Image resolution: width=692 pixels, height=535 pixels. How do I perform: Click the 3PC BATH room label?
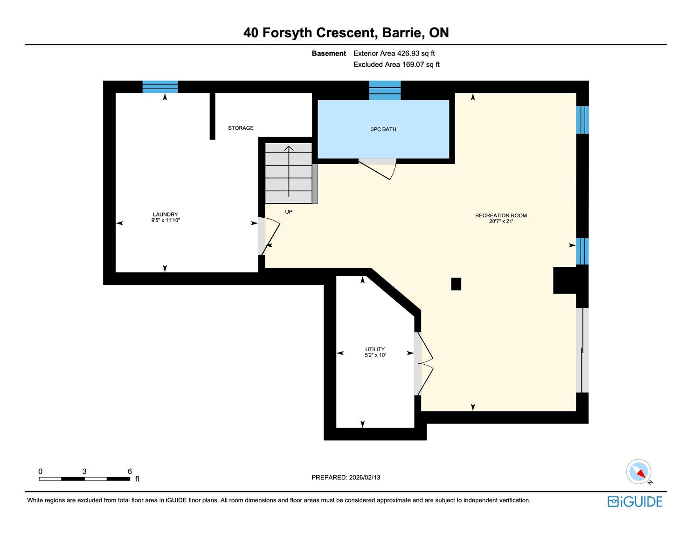click(383, 129)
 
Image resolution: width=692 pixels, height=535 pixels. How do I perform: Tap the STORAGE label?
click(241, 128)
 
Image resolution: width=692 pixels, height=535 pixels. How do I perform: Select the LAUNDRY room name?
click(165, 214)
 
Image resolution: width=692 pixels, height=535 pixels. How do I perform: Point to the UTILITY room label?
click(375, 349)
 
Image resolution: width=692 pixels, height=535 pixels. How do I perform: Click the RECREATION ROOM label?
click(501, 215)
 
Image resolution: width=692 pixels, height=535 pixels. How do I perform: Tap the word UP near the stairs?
click(289, 212)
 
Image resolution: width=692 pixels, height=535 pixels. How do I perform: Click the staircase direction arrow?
click(289, 172)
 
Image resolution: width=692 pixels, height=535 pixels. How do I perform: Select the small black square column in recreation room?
click(456, 284)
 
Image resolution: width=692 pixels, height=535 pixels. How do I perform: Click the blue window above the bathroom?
click(385, 90)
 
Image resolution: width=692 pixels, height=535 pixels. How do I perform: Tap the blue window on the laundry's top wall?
click(160, 87)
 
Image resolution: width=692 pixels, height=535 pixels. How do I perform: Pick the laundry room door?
click(269, 236)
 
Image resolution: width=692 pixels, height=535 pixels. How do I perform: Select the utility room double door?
click(423, 364)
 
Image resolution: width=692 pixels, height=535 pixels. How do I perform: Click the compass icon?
click(638, 472)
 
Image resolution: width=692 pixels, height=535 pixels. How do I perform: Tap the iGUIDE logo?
click(635, 501)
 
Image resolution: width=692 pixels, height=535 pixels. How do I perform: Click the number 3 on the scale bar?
click(84, 471)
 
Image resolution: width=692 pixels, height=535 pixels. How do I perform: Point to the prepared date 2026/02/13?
click(365, 477)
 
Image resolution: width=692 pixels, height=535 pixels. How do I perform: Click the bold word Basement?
click(329, 54)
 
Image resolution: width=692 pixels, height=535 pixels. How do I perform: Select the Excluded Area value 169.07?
click(413, 65)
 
